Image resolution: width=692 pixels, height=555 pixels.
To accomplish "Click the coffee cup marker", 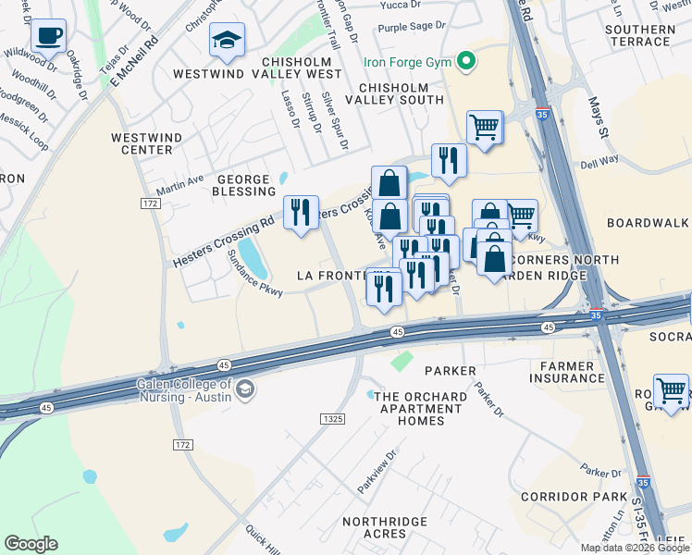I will pyautogui.click(x=48, y=37).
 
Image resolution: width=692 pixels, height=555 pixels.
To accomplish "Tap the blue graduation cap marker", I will pyautogui.click(x=227, y=41).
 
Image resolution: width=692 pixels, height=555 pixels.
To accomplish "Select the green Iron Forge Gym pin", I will pyautogui.click(x=467, y=62).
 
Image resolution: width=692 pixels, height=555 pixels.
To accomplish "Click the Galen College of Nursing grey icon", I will pyautogui.click(x=244, y=388).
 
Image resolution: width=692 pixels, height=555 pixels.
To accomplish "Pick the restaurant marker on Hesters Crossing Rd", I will pyautogui.click(x=301, y=214).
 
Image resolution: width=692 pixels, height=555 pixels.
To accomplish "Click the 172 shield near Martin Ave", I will pyautogui.click(x=151, y=202).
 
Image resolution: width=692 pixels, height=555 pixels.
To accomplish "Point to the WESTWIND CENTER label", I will pyautogui.click(x=141, y=142).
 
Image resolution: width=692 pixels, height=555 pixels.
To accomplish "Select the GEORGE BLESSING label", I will pyautogui.click(x=242, y=186).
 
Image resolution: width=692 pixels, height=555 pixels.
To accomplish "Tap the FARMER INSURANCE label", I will pyautogui.click(x=567, y=372).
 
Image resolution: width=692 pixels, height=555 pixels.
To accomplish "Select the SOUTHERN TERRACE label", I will pyautogui.click(x=638, y=35).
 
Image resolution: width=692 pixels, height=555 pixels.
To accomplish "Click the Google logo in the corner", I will pyautogui.click(x=31, y=543).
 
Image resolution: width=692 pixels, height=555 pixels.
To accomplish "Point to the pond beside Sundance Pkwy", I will pyautogui.click(x=253, y=258).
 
